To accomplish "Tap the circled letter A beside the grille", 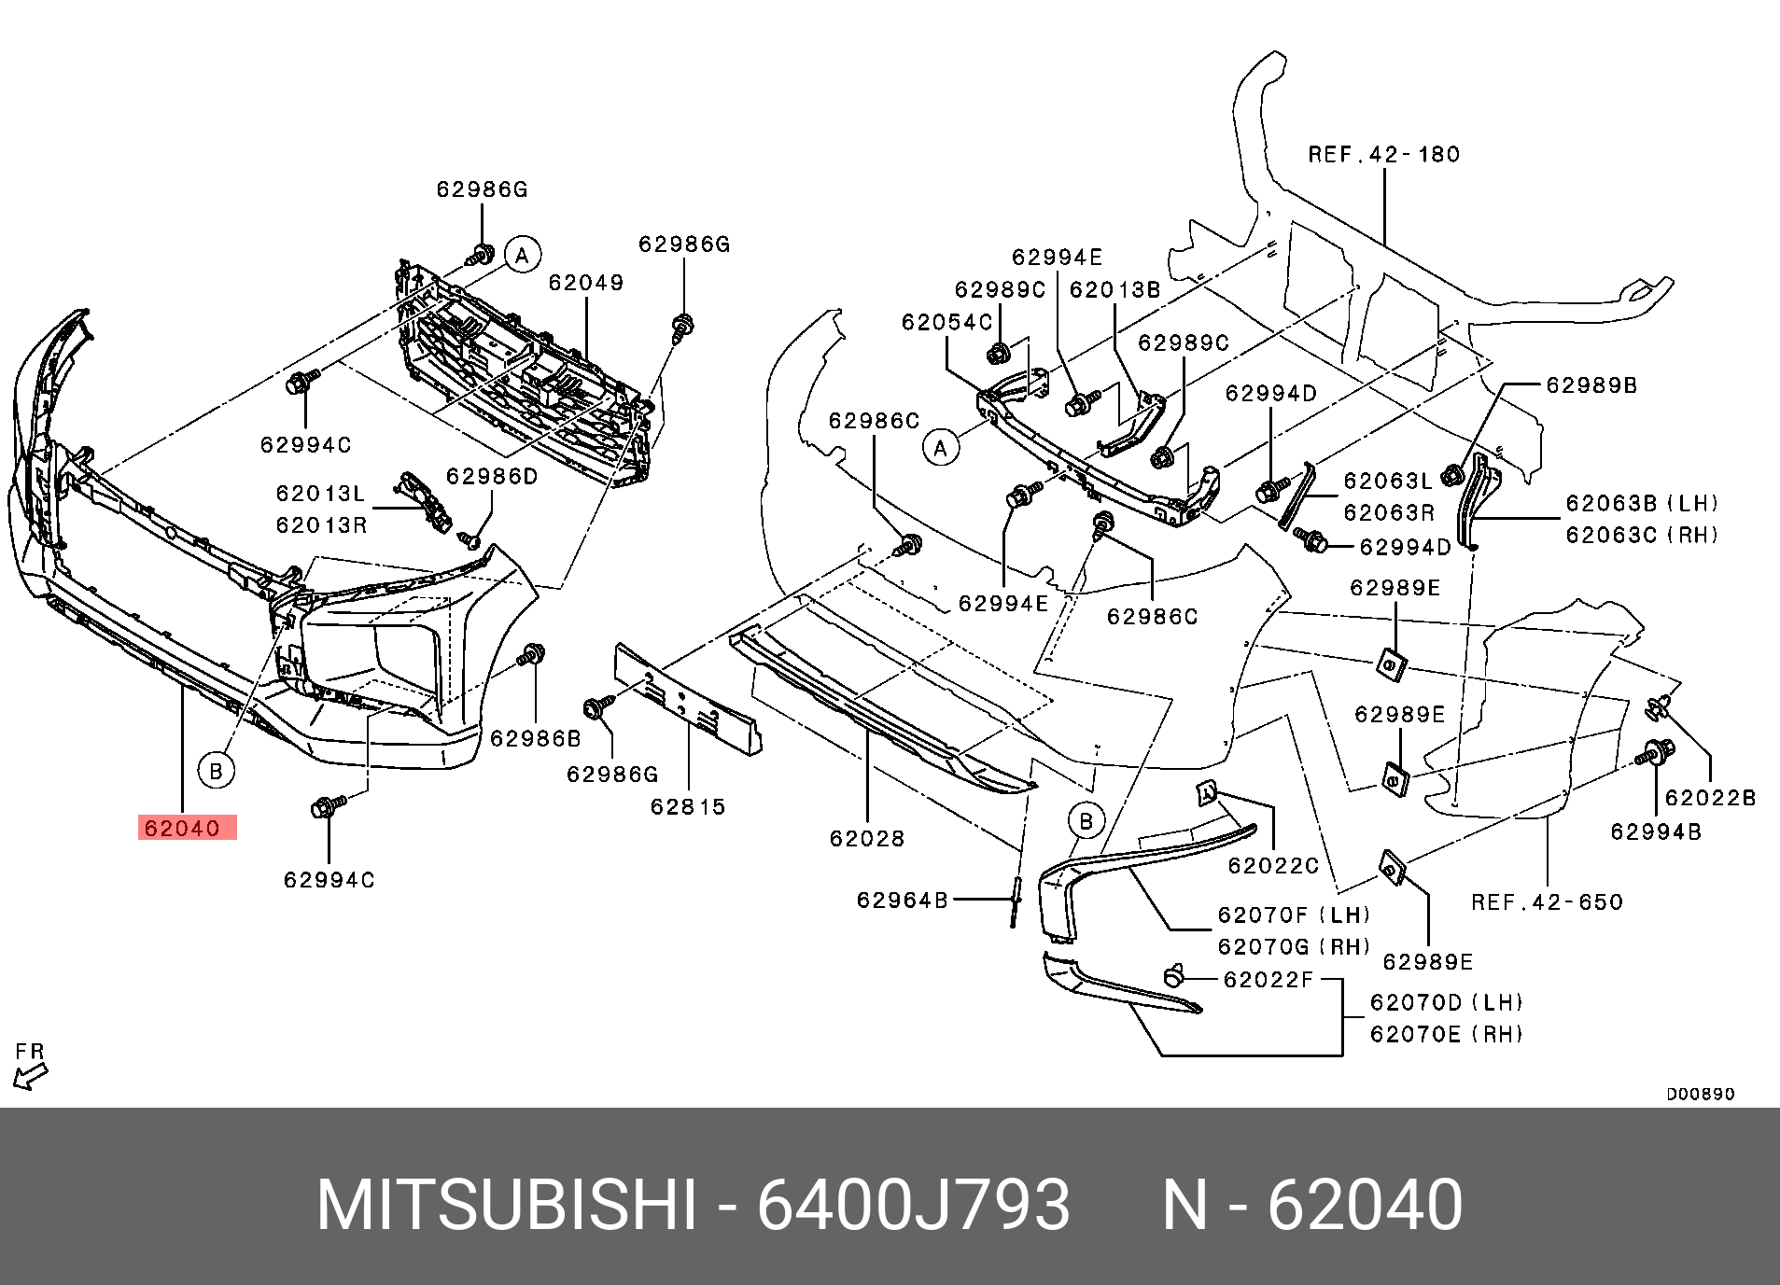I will coord(523,255).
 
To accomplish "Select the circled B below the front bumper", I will coord(216,771).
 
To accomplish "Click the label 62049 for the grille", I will coord(586,282).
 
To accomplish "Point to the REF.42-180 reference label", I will coord(1383,154).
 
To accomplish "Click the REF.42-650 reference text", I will coord(1547,901).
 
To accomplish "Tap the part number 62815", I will coord(688,806).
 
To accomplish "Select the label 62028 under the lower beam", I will coord(867,838).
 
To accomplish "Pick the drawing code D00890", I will coord(1701,1094).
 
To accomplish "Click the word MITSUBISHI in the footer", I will coord(507,1206).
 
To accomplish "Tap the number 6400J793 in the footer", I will coord(912,1206).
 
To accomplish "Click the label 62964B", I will coord(903,900).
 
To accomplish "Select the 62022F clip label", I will coord(1268,979).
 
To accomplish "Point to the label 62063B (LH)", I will coord(1642,504).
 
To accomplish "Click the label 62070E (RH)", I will coord(1446,1034).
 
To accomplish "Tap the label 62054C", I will coord(946,322).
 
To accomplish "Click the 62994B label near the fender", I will coord(1656,831).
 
